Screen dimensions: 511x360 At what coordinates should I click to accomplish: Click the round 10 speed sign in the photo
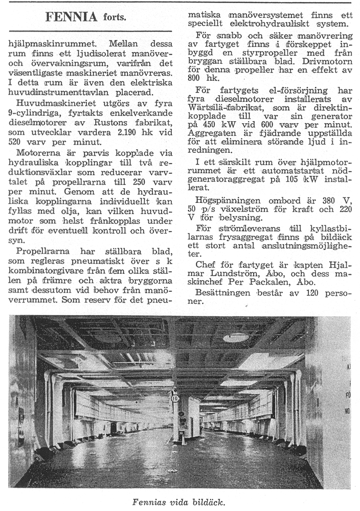[x=175, y=397]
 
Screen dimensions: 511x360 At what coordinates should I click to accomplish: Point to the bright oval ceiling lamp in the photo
[x=236, y=338]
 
